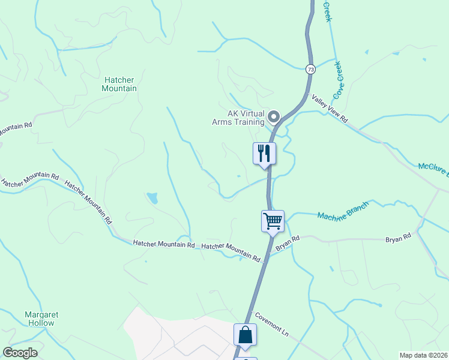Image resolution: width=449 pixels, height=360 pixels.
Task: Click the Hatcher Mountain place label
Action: point(121,84)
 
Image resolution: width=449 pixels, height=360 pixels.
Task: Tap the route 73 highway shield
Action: point(310,69)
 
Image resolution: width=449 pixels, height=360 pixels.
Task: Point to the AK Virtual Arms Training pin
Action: point(274,116)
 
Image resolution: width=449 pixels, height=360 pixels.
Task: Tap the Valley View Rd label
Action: point(329,109)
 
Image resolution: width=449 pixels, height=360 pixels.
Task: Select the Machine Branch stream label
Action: point(343,211)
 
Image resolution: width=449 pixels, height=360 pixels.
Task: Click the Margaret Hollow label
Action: point(40,319)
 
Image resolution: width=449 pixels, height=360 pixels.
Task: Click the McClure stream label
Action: point(432,170)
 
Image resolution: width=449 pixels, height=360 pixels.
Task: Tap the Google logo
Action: point(20,353)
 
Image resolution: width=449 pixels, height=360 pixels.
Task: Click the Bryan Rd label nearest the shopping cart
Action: point(287,244)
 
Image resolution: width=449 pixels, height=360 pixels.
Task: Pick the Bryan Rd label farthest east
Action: point(398,238)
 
